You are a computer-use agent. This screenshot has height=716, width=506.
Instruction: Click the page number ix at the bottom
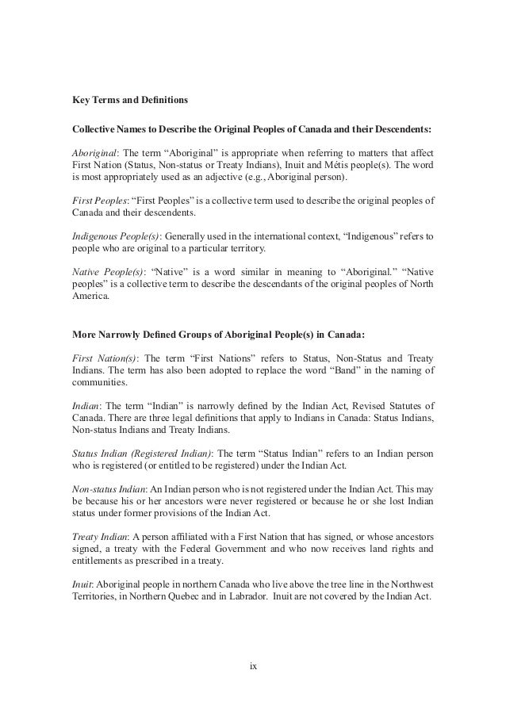253,664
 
